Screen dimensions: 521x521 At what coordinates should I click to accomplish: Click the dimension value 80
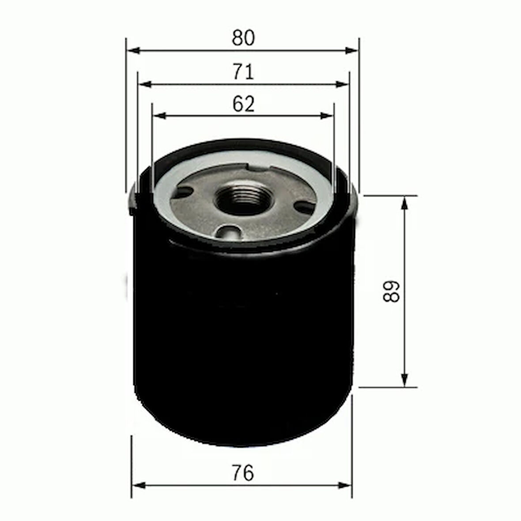pos(243,38)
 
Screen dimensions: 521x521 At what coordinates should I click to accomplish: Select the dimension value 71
pos(244,72)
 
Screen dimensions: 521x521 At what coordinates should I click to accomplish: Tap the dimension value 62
pos(244,104)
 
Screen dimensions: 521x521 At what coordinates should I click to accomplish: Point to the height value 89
pos(391,291)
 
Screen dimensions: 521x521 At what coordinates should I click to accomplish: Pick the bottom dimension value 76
pos(243,473)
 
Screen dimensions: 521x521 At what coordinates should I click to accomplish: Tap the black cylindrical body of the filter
pos(243,344)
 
